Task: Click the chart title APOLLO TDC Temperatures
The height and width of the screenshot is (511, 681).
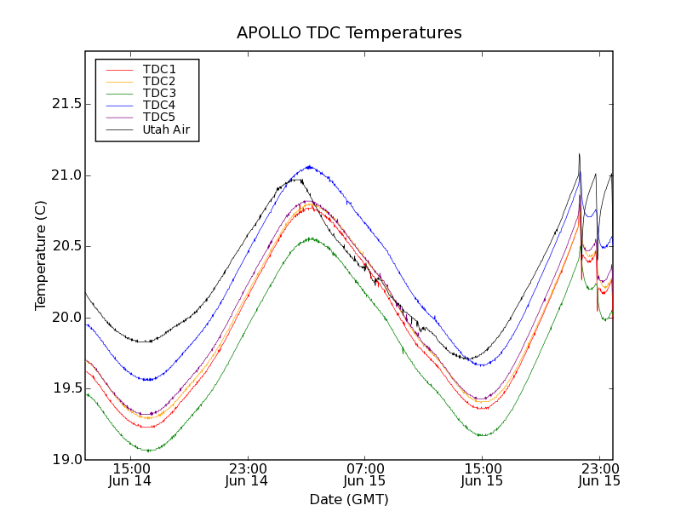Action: (x=349, y=33)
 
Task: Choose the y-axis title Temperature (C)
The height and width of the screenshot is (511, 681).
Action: (x=41, y=255)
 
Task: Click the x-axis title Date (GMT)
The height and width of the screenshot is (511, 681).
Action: (x=349, y=499)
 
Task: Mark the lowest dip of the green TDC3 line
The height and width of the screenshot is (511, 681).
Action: (x=149, y=451)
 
